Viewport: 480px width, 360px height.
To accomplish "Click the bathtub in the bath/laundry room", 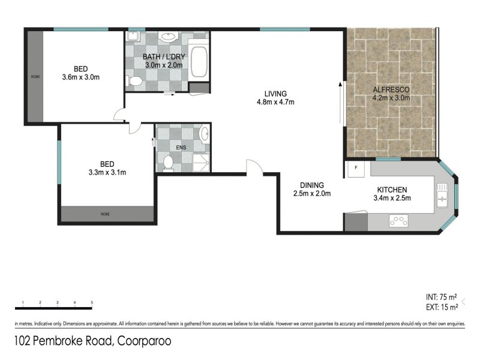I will pos(199,61).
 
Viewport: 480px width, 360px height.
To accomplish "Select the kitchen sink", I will pos(443,194).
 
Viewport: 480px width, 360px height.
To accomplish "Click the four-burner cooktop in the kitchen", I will pos(397,221).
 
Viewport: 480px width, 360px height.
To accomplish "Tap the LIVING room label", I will pos(276,94).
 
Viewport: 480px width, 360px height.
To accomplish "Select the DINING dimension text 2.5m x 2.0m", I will pos(312,193).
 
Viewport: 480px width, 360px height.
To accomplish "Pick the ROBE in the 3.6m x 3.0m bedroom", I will pos(34,77).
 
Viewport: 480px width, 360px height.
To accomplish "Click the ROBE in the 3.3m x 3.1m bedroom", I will pos(106,214).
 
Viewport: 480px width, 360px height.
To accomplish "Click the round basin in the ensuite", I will pos(203,133).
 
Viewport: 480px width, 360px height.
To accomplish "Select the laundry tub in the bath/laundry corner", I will pos(133,36).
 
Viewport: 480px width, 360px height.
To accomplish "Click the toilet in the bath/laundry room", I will pos(136,80).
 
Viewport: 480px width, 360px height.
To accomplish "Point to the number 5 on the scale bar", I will pos(92,302).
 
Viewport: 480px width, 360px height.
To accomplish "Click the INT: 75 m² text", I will pos(442,297).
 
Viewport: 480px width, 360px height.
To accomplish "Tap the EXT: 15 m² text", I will pos(442,307).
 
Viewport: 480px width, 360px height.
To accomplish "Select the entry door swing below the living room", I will pos(254,167).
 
